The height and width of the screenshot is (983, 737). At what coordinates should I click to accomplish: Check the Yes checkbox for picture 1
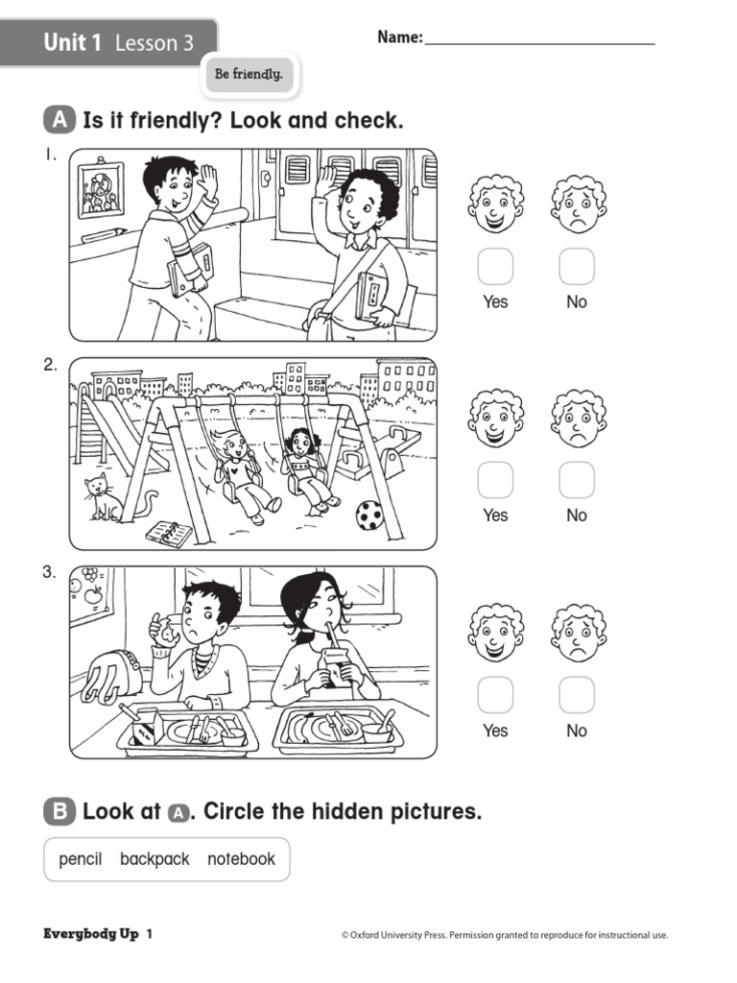495,267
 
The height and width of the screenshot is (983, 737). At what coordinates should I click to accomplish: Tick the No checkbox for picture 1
577,267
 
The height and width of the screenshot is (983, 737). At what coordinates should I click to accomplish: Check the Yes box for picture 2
495,480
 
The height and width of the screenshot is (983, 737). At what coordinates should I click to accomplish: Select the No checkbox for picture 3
577,695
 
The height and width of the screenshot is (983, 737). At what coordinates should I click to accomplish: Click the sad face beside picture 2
578,419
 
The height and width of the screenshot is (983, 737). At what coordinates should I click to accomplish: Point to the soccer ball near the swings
369,516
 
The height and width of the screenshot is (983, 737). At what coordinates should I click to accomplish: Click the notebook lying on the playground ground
170,534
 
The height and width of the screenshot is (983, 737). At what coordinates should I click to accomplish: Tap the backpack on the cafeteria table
110,675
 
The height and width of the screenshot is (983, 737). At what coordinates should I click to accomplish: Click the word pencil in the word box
81,859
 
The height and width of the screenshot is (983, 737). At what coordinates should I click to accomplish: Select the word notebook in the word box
241,859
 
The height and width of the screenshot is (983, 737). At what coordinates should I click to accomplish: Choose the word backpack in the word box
155,859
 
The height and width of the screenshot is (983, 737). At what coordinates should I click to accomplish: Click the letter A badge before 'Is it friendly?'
59,121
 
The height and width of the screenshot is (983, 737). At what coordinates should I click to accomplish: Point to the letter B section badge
59,812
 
